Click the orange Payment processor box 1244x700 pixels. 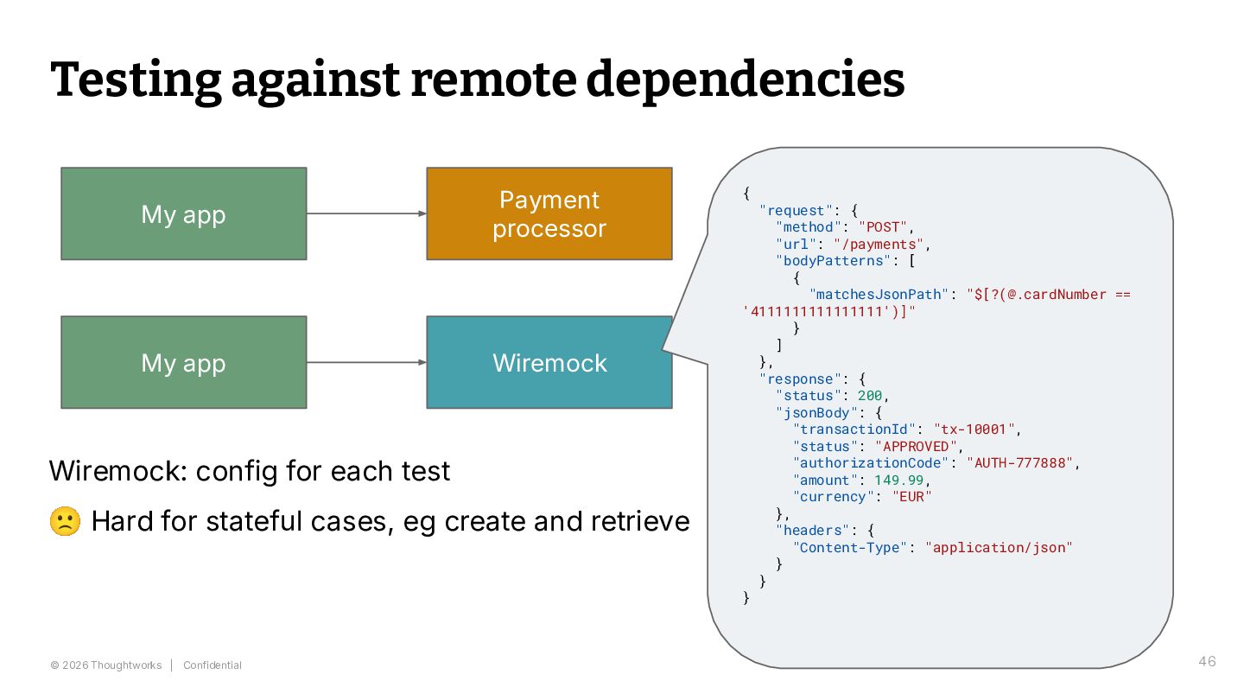tap(549, 214)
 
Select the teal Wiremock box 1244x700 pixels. tap(549, 362)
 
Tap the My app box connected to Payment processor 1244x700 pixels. tap(184, 214)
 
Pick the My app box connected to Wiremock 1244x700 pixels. tap(184, 362)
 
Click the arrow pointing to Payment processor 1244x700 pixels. tap(366, 213)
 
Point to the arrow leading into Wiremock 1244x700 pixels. tap(366, 362)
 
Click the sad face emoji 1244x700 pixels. tap(65, 521)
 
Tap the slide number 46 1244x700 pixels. tap(1207, 661)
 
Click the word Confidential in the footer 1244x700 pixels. tap(213, 665)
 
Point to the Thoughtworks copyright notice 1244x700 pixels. tap(106, 665)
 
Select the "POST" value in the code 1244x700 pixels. tap(883, 227)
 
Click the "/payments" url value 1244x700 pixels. tap(879, 245)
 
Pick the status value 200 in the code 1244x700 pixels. tap(870, 396)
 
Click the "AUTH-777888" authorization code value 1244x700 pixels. tap(1019, 463)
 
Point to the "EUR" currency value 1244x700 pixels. tap(911, 497)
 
